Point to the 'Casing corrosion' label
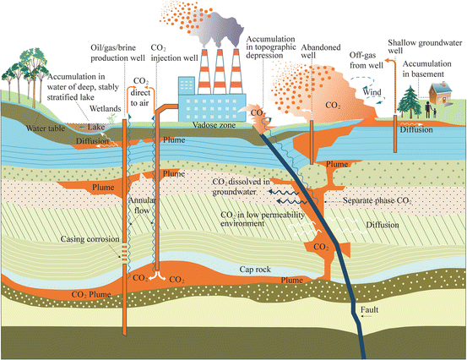[x=83, y=239]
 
